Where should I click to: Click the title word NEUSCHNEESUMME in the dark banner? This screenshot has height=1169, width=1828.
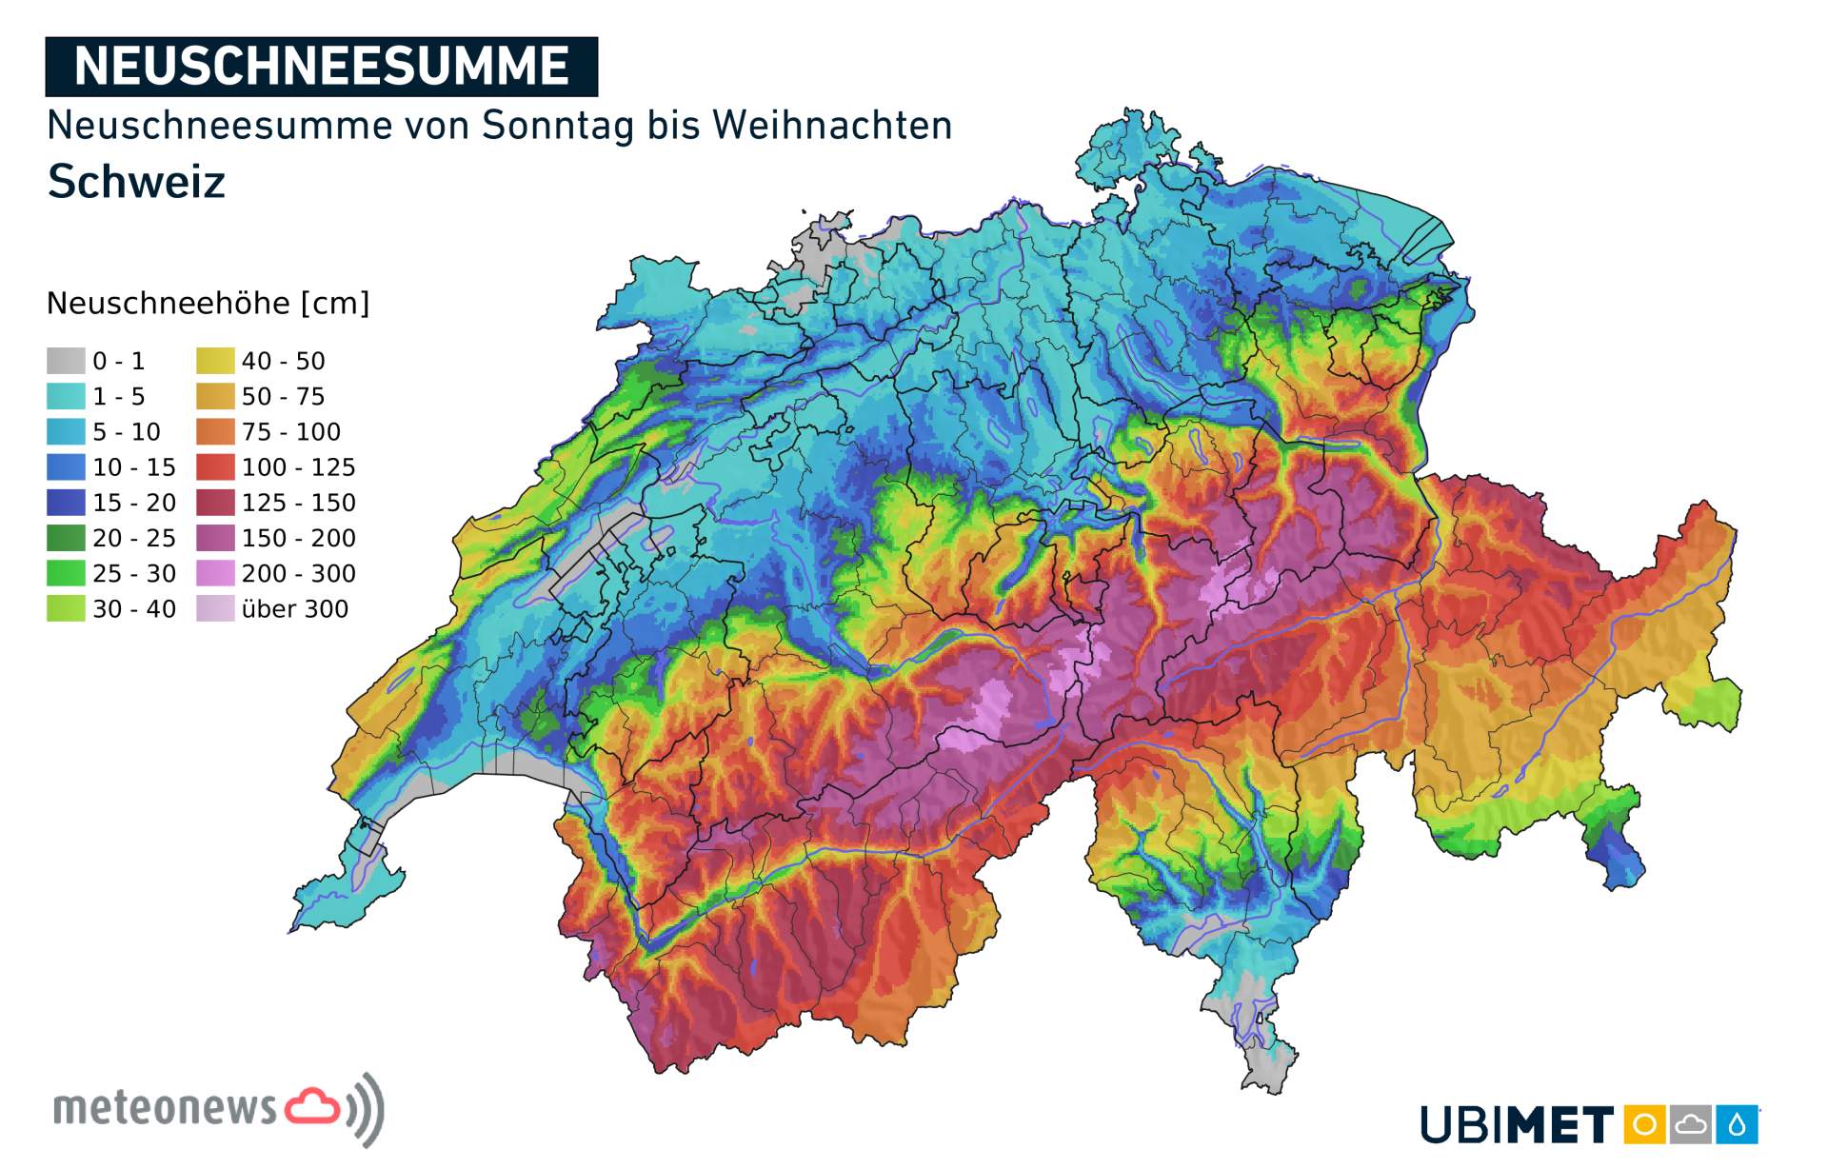click(321, 67)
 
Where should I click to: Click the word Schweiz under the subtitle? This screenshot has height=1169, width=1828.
click(136, 181)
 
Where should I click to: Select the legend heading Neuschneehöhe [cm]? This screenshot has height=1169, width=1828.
click(208, 304)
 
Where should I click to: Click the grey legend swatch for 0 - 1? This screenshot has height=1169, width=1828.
click(66, 361)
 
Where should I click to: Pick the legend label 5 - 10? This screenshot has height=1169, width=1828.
click(126, 432)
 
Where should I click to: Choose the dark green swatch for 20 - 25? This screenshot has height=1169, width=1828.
click(66, 538)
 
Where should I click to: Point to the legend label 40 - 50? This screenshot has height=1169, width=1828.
click(283, 361)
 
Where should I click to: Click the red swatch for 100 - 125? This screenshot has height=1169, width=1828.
click(215, 467)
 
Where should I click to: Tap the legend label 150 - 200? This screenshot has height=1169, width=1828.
click(298, 538)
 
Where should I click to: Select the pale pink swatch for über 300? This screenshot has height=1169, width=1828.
click(215, 608)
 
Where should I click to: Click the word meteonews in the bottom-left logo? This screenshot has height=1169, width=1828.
click(165, 1108)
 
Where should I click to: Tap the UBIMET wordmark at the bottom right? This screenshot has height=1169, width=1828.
click(1516, 1125)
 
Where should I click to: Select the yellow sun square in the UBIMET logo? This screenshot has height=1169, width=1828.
click(1643, 1125)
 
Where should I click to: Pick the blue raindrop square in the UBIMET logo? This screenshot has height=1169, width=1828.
click(1738, 1125)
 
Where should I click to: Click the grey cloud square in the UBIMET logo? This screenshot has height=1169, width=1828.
click(1690, 1125)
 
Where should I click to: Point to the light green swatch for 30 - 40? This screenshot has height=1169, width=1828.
click(66, 608)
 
